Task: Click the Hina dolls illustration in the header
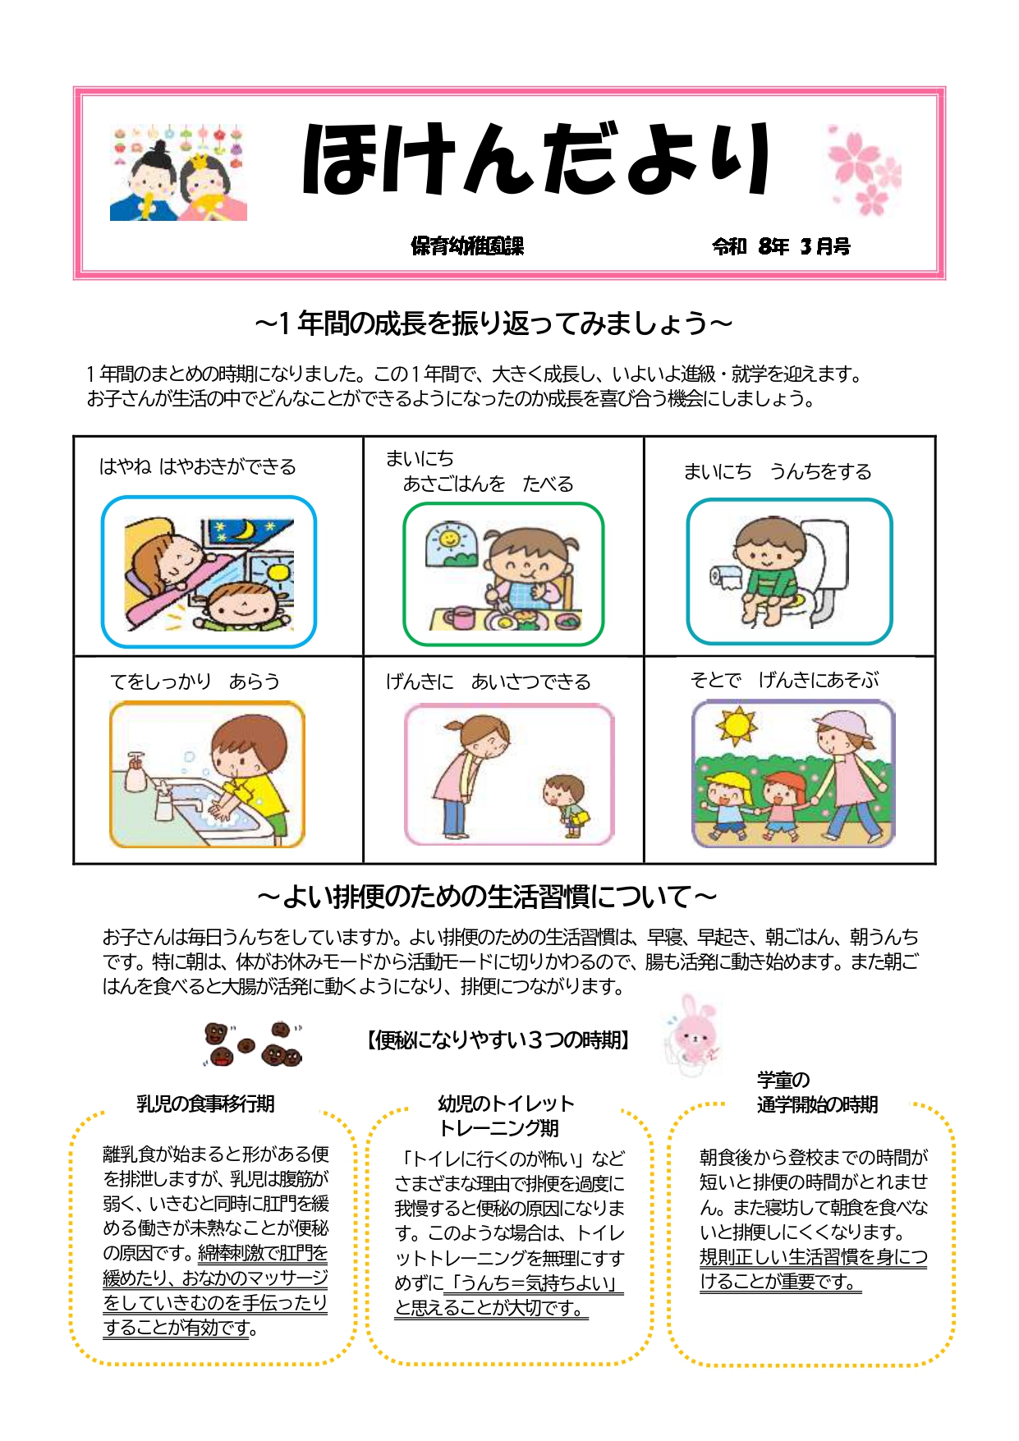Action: pyautogui.click(x=178, y=172)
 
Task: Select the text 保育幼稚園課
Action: pyautogui.click(x=467, y=246)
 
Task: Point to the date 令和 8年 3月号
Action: pyautogui.click(x=781, y=246)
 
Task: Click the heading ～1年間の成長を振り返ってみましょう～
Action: pyautogui.click(x=493, y=324)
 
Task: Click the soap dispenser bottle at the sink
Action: pyautogui.click(x=137, y=773)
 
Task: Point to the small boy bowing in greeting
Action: pyautogui.click(x=566, y=803)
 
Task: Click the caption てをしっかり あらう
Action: pyautogui.click(x=195, y=681)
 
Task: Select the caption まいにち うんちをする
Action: pyautogui.click(x=778, y=471)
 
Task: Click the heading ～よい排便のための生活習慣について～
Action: pyautogui.click(x=487, y=896)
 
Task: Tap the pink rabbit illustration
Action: pyautogui.click(x=692, y=1034)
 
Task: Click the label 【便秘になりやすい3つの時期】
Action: pyautogui.click(x=498, y=1040)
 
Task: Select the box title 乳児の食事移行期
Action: pyautogui.click(x=205, y=1104)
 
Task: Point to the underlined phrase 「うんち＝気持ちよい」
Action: pyautogui.click(x=533, y=1283)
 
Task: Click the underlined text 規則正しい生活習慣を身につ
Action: pyautogui.click(x=813, y=1257)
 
